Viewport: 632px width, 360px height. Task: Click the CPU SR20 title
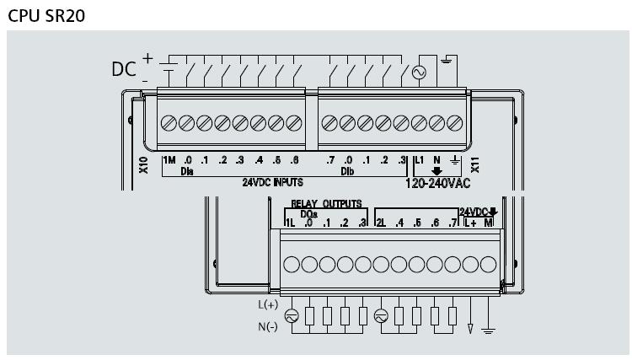pos(46,16)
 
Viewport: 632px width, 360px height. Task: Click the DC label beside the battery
pos(124,69)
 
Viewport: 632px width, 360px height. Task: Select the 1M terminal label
pos(169,160)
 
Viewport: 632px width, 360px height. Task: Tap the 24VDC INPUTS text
pos(272,182)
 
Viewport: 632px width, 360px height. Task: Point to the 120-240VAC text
pos(437,184)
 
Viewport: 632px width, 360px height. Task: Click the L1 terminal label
pos(419,160)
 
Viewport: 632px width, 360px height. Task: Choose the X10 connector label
pos(143,165)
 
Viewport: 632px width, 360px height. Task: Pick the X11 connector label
pos(475,165)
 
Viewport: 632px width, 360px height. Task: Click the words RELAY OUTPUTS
pos(326,203)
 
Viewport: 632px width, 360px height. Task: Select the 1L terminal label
pos(290,223)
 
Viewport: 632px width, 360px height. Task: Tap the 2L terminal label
pos(381,223)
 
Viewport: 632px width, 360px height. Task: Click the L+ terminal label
pos(470,223)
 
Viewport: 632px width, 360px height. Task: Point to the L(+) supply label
pos(268,304)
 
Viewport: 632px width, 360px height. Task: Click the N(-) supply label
pos(268,326)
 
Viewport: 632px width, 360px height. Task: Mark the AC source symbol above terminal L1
pos(419,73)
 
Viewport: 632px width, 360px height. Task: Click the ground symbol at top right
pos(446,61)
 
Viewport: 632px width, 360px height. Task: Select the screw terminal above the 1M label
pos(169,123)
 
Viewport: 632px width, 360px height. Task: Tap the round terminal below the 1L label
pos(292,265)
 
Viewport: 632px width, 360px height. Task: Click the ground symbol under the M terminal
pos(488,331)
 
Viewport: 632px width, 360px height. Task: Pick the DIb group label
pos(347,172)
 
